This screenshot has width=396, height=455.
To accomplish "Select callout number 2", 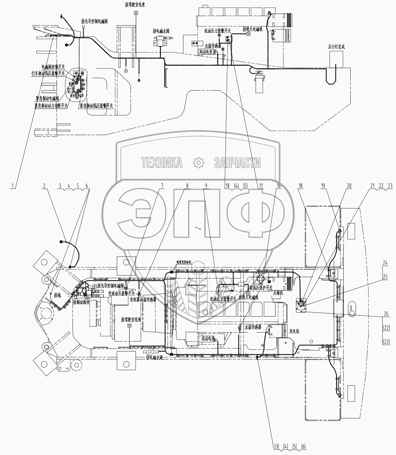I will pyautogui.click(x=44, y=186).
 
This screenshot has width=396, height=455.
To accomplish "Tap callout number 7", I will pyautogui.click(x=162, y=186).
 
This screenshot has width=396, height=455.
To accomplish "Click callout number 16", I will pyautogui.click(x=278, y=186).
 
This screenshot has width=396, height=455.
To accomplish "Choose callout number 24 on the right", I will pyautogui.click(x=384, y=263).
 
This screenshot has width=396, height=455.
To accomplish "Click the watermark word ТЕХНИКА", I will pyautogui.click(x=162, y=163).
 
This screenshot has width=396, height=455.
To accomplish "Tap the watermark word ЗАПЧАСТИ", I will pyautogui.click(x=237, y=163).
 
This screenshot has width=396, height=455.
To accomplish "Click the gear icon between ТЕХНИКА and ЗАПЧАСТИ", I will pyautogui.click(x=198, y=163).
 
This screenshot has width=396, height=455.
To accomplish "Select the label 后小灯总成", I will pyautogui.click(x=336, y=47).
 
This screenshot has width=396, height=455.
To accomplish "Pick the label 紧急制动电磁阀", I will pyautogui.click(x=47, y=98).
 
